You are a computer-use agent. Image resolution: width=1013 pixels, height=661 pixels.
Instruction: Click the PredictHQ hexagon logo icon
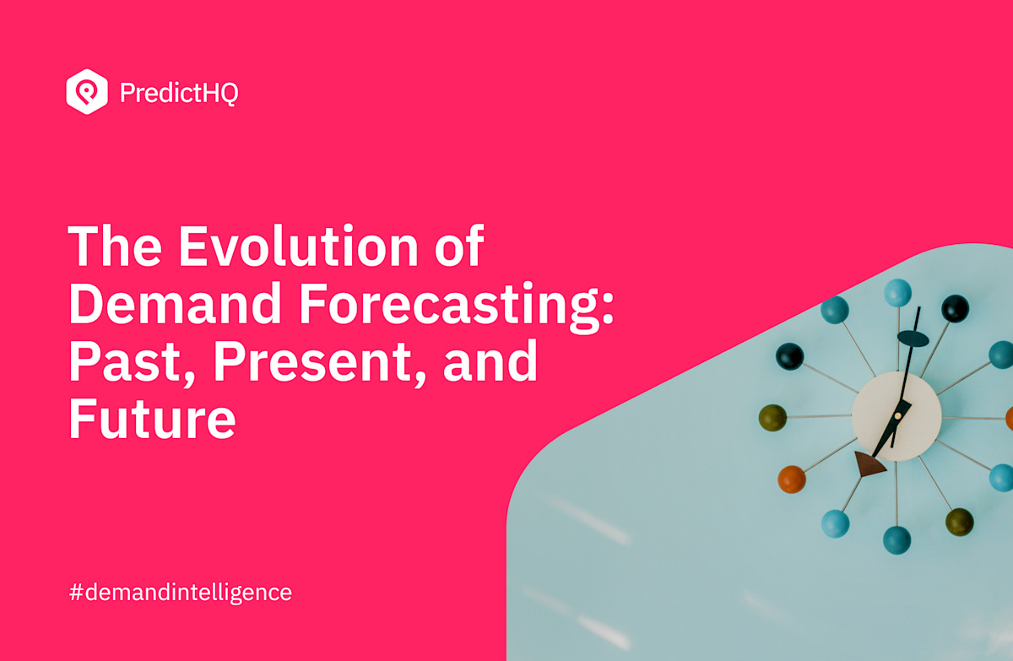coord(87,91)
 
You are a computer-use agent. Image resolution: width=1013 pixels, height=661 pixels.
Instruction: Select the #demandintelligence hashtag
coord(180,592)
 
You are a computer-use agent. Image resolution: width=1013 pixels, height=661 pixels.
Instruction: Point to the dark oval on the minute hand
coord(913,339)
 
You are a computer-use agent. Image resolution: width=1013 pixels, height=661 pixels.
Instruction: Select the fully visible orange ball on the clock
coord(792,479)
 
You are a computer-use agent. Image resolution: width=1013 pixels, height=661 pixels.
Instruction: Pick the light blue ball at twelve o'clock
coord(897,293)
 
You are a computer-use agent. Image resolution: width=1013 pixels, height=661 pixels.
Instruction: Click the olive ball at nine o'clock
coord(772,417)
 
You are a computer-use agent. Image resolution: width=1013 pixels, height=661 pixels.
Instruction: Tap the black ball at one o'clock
coord(955,308)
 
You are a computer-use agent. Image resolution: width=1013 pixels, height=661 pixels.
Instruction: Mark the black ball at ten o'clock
coord(790,356)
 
